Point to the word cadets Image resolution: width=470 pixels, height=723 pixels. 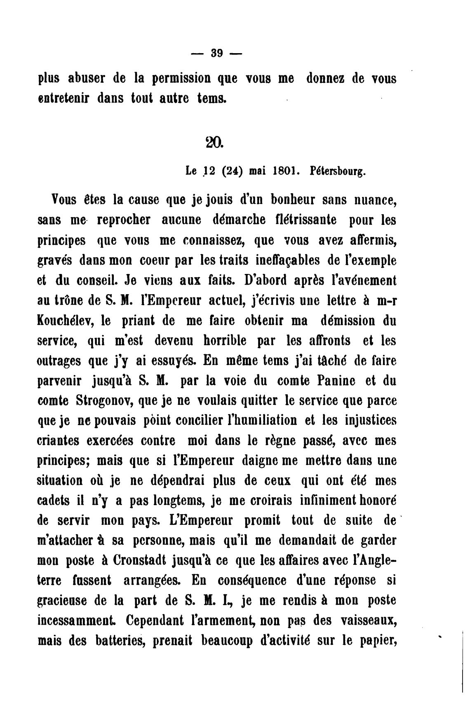(x=56, y=501)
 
